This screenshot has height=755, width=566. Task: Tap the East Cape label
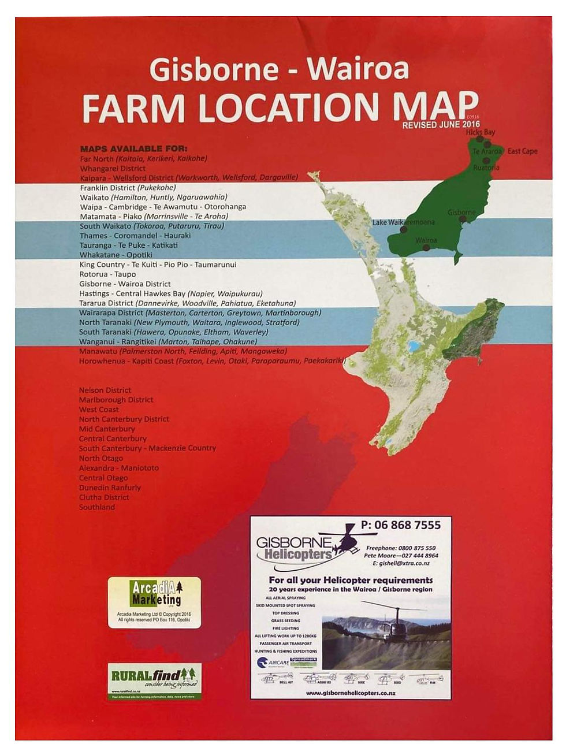[x=522, y=151]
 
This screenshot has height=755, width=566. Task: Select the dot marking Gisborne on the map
[x=463, y=220]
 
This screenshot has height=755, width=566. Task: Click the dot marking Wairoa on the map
[x=426, y=248]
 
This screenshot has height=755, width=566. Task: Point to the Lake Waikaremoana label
[x=403, y=222]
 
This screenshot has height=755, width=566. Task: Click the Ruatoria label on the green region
[x=486, y=168]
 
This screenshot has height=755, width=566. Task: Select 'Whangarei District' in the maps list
[x=113, y=168]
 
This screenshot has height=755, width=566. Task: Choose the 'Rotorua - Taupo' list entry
[x=107, y=274]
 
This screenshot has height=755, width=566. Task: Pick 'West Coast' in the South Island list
[x=99, y=410]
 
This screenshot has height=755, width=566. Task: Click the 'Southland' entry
[x=97, y=507]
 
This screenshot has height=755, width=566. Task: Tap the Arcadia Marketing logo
[x=154, y=601]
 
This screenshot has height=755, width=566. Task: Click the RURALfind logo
[x=154, y=680]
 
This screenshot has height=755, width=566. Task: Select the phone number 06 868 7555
[x=400, y=525]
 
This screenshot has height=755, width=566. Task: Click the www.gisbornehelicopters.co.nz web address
[x=351, y=693]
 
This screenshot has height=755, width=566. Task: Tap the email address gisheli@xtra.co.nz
[x=401, y=563]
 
